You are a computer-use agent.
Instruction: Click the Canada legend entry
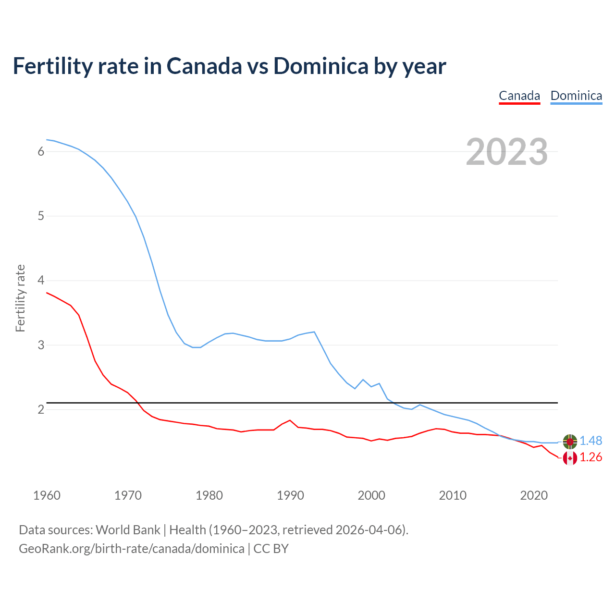coord(519,96)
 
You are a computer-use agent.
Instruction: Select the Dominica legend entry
coord(576,96)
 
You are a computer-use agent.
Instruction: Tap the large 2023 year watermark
coord(507,152)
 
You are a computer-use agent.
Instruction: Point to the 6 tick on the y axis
coord(41,151)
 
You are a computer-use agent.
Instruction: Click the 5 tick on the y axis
coord(41,216)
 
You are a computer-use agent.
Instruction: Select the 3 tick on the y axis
coord(41,345)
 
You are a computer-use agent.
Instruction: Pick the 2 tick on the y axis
coord(41,409)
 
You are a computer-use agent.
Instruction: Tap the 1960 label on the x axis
coord(47,495)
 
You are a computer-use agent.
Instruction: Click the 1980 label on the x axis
coord(209,495)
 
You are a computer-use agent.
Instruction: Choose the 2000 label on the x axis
coord(371,495)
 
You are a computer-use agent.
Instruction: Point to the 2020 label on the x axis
coord(534,495)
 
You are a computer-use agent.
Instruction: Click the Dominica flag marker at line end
coord(570,441)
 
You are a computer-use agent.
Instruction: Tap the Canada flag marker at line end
coord(570,458)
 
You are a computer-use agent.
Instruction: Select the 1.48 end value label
coord(590,441)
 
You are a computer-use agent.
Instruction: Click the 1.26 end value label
coord(590,457)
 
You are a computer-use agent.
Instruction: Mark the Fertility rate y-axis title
coord(20,298)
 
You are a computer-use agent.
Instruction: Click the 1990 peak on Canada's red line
coord(290,420)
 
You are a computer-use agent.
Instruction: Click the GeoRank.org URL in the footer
coord(131,549)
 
